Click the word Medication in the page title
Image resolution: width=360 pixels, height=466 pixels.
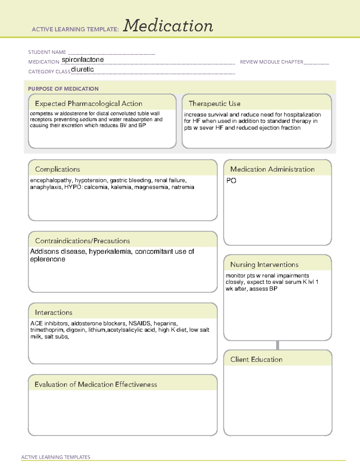tap(168, 26)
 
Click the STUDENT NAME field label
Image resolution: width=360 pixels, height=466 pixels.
tap(47, 52)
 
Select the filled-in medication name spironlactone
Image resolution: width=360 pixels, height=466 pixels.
tap(83, 60)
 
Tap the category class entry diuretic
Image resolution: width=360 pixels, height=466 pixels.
tap(82, 69)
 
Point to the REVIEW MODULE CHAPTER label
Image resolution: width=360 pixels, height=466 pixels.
tap(271, 62)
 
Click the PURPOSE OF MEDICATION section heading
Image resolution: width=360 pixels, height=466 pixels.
tap(63, 89)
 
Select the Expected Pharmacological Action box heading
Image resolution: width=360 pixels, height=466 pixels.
tap(88, 104)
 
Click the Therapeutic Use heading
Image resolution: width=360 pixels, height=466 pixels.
tap(214, 104)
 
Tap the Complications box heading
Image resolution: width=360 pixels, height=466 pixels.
tap(58, 169)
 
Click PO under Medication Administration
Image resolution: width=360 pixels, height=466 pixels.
tap(231, 181)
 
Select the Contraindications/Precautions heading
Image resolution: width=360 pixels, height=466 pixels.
tap(82, 241)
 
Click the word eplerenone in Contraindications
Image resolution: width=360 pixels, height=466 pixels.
tap(48, 259)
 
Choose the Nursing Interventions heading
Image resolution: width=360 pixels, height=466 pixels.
tap(264, 265)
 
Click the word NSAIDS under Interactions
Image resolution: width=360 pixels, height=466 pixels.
tap(139, 323)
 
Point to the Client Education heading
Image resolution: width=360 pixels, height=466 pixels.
tap(256, 359)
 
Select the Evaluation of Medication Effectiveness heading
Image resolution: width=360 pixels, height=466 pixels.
tap(96, 384)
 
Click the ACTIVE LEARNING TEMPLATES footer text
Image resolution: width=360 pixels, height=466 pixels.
tap(56, 457)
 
